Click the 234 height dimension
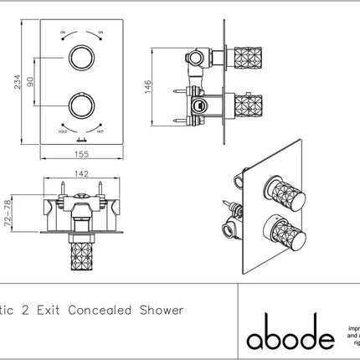coord(8,80)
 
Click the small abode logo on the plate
coord(81,142)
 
